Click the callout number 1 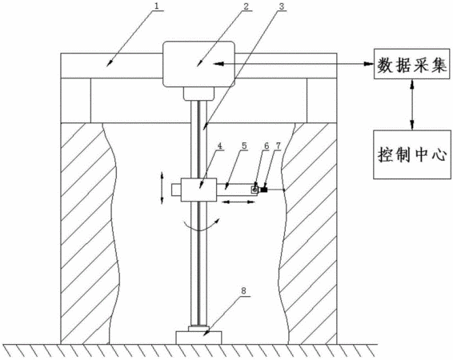[x=156, y=6]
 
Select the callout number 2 [x=245, y=6]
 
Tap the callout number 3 [x=282, y=6]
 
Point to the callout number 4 [x=220, y=146]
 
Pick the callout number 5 [x=245, y=146]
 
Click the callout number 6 [x=267, y=146]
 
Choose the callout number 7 [x=278, y=146]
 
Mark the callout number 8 [x=243, y=290]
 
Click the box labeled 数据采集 [x=412, y=64]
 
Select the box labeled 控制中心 [x=412, y=154]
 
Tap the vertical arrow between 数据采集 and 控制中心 [x=412, y=104]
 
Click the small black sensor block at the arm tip [x=264, y=190]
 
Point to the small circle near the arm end [x=255, y=190]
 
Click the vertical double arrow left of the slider [x=162, y=188]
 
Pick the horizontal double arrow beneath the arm [x=239, y=202]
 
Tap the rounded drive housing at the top [x=198, y=64]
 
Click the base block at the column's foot [x=198, y=338]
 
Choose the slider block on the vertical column [x=198, y=190]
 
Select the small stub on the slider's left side [x=176, y=190]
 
